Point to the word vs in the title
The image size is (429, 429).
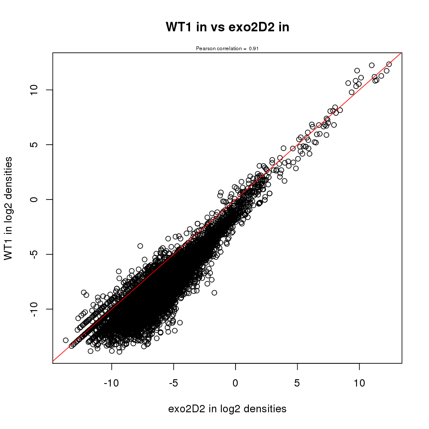pos(216,27)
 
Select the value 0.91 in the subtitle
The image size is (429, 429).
pos(254,48)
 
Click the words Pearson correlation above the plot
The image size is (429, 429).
pos(219,48)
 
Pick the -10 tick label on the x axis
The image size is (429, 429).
pos(112,382)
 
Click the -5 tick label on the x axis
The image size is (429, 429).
pos(173,382)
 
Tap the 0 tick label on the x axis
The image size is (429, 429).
pos(236,382)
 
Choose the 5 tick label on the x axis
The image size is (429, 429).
pos(297,382)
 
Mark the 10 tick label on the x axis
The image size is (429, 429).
pos(359,382)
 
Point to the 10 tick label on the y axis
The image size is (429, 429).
pos(35,90)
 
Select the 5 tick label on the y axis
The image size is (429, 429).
pos(35,145)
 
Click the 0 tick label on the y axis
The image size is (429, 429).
pos(35,199)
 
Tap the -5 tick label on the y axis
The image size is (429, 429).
pos(35,254)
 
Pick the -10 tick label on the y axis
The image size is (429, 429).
pos(35,309)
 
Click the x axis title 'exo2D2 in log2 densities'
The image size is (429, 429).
pos(227,409)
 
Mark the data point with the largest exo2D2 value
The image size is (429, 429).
pos(389,64)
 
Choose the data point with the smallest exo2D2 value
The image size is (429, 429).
pos(66,340)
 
